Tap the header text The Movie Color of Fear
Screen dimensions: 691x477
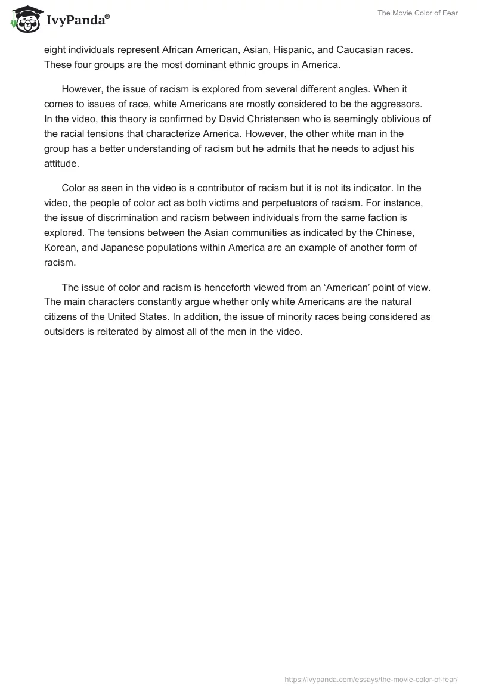tap(417, 13)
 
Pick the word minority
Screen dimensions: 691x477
tap(293, 316)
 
